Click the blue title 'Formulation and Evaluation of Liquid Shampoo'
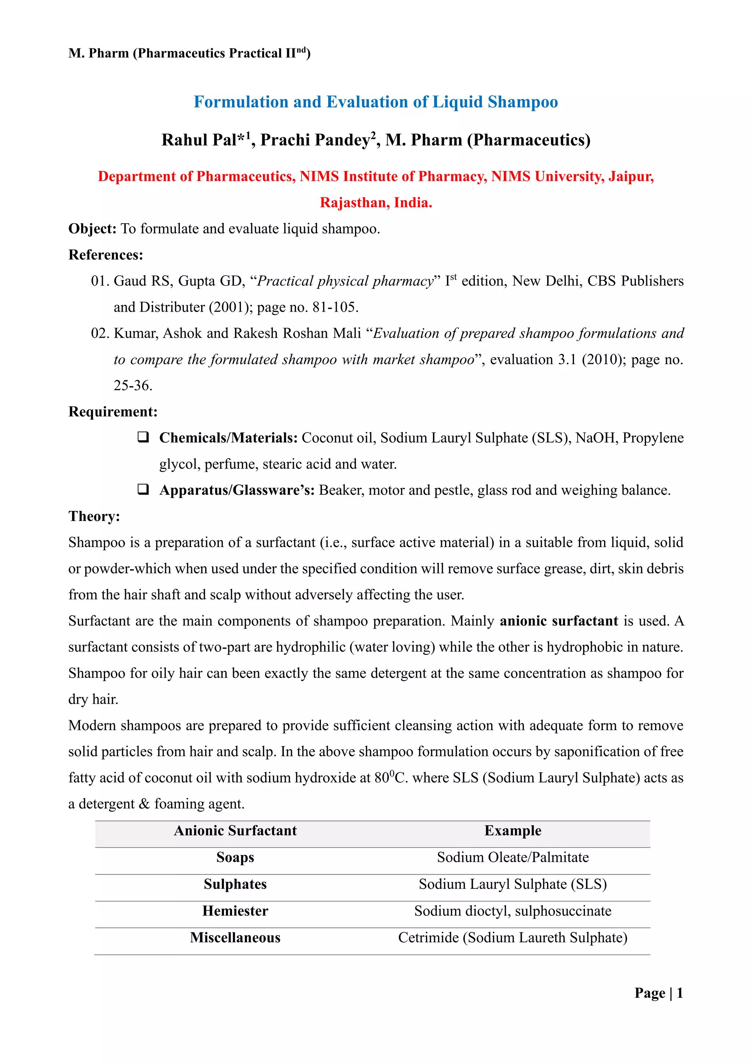[376, 102]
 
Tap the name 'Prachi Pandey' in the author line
[315, 140]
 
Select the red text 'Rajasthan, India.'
[376, 203]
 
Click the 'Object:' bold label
[92, 229]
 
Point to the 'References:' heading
[106, 255]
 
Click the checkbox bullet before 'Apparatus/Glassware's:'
[143, 489]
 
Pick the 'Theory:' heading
[94, 516]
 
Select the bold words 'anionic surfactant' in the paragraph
[558, 621]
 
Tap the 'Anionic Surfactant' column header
[235, 831]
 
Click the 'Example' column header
[513, 831]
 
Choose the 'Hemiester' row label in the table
[235, 911]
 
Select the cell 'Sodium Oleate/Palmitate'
[513, 857]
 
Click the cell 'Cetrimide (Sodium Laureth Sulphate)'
[513, 937]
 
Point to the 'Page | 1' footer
[658, 993]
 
